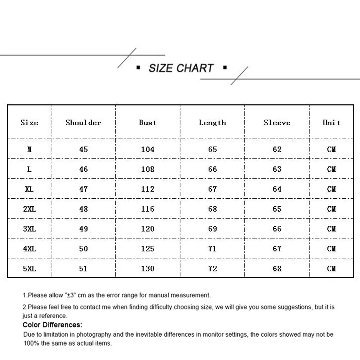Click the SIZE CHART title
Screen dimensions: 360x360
(181, 68)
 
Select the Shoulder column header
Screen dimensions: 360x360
(83, 122)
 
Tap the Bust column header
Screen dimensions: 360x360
(148, 122)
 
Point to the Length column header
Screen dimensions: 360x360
(212, 122)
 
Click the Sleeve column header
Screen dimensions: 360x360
(277, 122)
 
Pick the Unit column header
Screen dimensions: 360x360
(331, 122)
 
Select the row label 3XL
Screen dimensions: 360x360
(29, 229)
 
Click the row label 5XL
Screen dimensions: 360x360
(29, 269)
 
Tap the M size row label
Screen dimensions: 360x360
(29, 149)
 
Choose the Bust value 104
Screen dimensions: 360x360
(148, 149)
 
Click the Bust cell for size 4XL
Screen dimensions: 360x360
(148, 248)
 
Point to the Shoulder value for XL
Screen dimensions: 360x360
(83, 189)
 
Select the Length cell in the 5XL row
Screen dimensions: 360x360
(212, 269)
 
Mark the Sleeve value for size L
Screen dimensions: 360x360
(277, 169)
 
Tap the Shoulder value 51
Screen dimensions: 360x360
(83, 269)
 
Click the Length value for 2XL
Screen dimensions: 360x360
(212, 209)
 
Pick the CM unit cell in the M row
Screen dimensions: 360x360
(331, 149)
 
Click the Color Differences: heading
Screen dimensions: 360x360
(52, 325)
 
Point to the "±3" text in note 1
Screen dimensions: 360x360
(70, 295)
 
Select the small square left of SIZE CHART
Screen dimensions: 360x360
(138, 67)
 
